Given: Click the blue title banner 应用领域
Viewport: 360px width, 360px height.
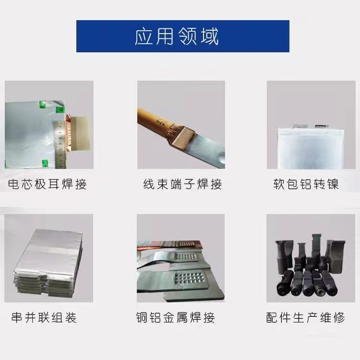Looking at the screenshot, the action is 183,36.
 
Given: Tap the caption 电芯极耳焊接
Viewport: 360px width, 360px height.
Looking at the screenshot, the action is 48,184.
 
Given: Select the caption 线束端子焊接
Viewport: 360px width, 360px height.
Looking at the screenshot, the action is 183,184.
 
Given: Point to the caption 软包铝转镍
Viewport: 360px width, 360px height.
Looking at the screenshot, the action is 306,184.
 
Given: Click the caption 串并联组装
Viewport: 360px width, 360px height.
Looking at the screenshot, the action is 44,318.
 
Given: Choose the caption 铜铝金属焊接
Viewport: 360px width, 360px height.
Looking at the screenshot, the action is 175,318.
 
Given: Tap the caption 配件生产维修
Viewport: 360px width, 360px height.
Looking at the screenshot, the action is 306,318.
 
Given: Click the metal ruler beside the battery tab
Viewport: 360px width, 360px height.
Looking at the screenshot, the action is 60,144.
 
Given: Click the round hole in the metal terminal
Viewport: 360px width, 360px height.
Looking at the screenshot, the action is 221,158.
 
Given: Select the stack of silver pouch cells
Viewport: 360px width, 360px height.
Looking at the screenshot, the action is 48,263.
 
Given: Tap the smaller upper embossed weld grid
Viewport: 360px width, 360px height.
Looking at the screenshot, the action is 185,257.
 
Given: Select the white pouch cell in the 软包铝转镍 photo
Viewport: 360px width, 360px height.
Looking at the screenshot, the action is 311,148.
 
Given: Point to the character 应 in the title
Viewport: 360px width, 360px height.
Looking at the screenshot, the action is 144,36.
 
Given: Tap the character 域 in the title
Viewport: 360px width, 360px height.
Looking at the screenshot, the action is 210,36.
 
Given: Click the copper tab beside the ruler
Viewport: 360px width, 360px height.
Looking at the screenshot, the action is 69,133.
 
